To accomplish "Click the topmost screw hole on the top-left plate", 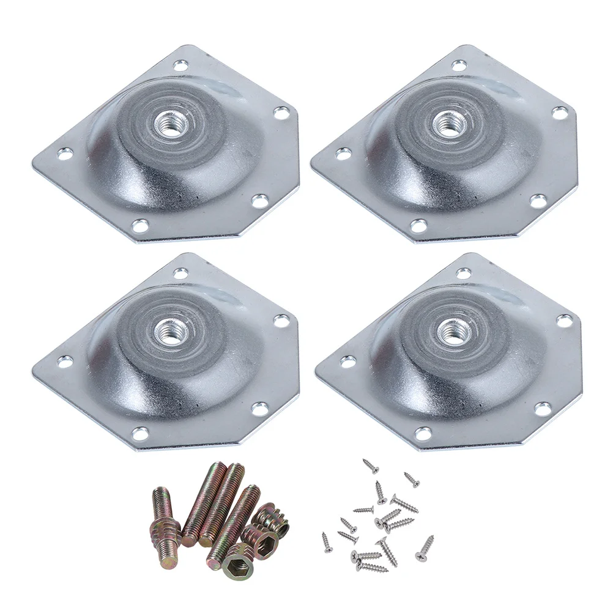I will (180, 64).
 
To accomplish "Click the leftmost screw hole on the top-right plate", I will (344, 153).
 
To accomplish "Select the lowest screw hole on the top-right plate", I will (419, 226).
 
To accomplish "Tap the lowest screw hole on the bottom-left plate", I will (141, 434).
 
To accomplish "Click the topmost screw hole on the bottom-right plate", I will (463, 273).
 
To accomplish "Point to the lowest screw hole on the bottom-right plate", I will (423, 434).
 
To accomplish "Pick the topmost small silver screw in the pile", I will (371, 466).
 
